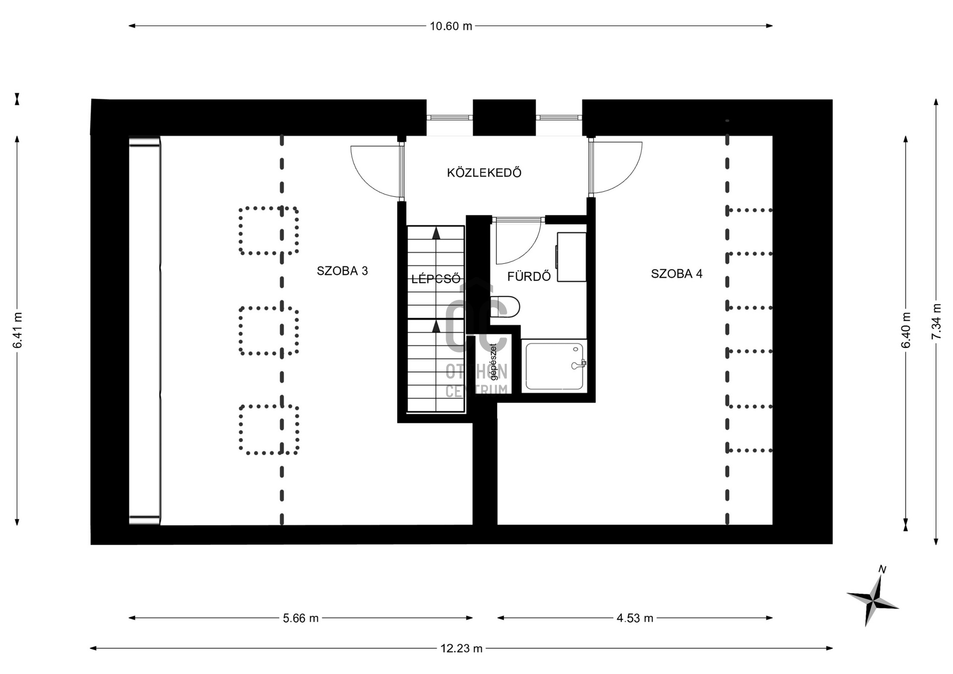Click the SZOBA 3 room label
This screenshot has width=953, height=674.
coord(342,271)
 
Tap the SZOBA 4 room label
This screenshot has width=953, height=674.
coord(677,273)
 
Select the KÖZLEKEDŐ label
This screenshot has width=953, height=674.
coord(484,173)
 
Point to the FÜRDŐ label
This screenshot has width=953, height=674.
coord(529,276)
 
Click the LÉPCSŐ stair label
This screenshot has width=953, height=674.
coord(436,279)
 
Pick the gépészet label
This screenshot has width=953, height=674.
coord(493,362)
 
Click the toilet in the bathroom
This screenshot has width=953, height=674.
coord(505,307)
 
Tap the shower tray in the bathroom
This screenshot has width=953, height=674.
coord(554,366)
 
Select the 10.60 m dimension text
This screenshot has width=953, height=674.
coord(451,26)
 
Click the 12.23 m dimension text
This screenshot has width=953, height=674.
coord(461,648)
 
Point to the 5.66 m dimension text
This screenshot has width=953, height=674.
coord(301,618)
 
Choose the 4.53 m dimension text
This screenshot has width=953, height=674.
coord(635,618)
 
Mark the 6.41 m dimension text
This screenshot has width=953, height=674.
coord(17,330)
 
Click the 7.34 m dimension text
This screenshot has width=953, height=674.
coord(936,322)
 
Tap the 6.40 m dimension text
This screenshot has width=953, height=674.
coord(906,330)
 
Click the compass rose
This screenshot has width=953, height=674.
coord(873,601)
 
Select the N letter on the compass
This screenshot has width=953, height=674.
coord(882,569)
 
